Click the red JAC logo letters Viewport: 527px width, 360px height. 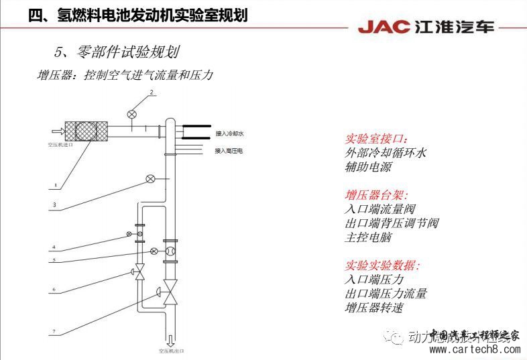(x=383, y=27)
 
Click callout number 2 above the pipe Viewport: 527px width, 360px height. (x=152, y=92)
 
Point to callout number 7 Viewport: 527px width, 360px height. (x=54, y=331)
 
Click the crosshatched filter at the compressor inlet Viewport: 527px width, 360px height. (x=86, y=131)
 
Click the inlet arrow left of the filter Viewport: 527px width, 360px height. (x=57, y=131)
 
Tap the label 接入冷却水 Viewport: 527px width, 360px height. (x=229, y=133)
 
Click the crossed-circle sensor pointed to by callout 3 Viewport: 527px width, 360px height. (x=152, y=179)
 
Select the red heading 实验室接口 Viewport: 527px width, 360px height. (x=376, y=139)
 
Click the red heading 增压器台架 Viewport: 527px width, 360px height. (x=376, y=195)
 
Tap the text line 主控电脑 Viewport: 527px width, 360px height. (x=368, y=237)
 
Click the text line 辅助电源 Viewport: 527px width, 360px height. (x=368, y=167)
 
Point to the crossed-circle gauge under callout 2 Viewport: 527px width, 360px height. (x=132, y=114)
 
